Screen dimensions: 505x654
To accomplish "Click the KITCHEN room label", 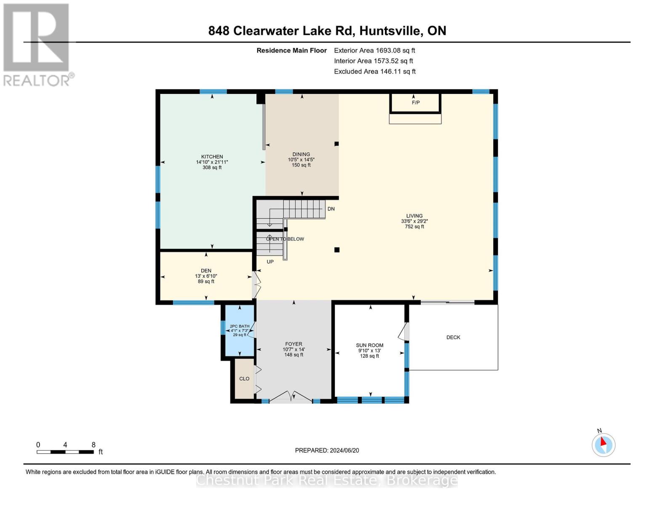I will (212, 157).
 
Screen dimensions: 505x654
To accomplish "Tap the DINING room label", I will (301, 154).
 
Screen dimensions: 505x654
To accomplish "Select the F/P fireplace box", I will (415, 103).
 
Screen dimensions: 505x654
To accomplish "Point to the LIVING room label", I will (414, 216).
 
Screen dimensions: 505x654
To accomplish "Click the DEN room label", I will (206, 271).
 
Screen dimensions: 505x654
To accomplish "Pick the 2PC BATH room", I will (239, 330).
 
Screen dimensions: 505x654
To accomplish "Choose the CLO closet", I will (244, 379).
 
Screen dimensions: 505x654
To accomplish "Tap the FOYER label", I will (294, 344).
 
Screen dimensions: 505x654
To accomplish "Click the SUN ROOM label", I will (369, 346).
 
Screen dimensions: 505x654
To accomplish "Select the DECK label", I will (453, 338).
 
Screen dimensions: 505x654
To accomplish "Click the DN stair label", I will (331, 209).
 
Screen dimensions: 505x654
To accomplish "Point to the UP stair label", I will (270, 262).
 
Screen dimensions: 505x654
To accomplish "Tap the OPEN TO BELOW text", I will (285, 239).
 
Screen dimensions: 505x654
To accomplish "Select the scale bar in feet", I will (65, 452).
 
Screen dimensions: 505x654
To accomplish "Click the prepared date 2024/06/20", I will (327, 451).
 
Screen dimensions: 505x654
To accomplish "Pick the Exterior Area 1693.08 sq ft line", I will (374, 50).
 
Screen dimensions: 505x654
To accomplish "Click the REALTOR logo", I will (37, 45).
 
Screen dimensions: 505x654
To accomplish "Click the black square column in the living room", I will (337, 250).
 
